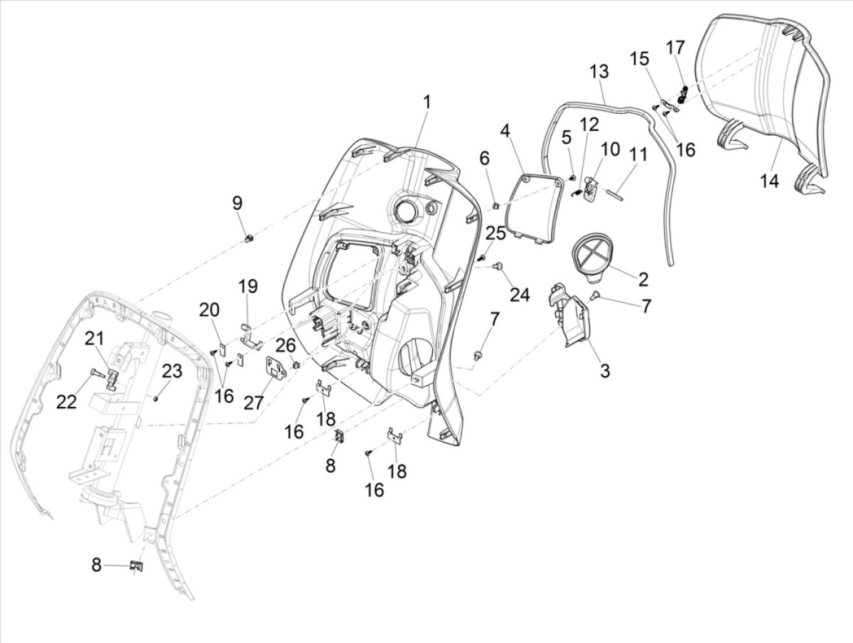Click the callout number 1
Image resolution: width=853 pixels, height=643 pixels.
(426, 102)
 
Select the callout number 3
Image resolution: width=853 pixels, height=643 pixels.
(604, 370)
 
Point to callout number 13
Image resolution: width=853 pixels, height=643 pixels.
(599, 72)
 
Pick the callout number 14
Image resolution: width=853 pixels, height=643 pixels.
(769, 181)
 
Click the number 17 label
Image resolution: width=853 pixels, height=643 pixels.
(675, 48)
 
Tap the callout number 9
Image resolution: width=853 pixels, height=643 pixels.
(237, 203)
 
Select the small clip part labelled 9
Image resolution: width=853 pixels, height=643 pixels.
(250, 238)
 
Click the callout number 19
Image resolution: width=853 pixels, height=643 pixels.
(247, 287)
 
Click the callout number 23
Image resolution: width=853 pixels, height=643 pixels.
(172, 371)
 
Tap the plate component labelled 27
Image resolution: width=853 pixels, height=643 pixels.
(274, 367)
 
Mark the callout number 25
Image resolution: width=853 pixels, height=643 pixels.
(495, 232)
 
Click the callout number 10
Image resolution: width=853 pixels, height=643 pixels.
(611, 149)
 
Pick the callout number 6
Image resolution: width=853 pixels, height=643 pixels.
(485, 158)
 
